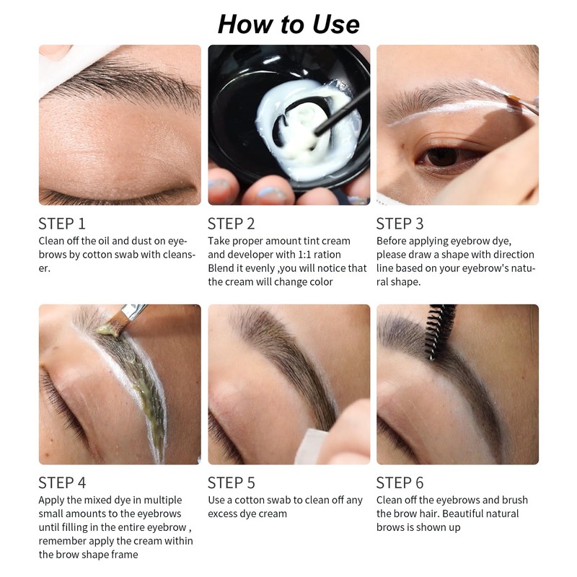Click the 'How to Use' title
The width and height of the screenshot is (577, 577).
point(288,25)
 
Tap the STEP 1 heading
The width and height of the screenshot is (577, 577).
point(62,224)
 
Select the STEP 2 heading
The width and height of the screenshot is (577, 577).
point(231,224)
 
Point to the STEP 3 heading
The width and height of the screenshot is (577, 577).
point(400,224)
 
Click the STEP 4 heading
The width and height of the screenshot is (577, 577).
point(62,483)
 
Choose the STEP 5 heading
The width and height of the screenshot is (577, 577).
point(231,483)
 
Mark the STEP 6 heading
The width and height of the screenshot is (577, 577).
point(400,483)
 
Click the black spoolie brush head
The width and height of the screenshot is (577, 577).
point(439,330)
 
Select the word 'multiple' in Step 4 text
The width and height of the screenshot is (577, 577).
point(163,501)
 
